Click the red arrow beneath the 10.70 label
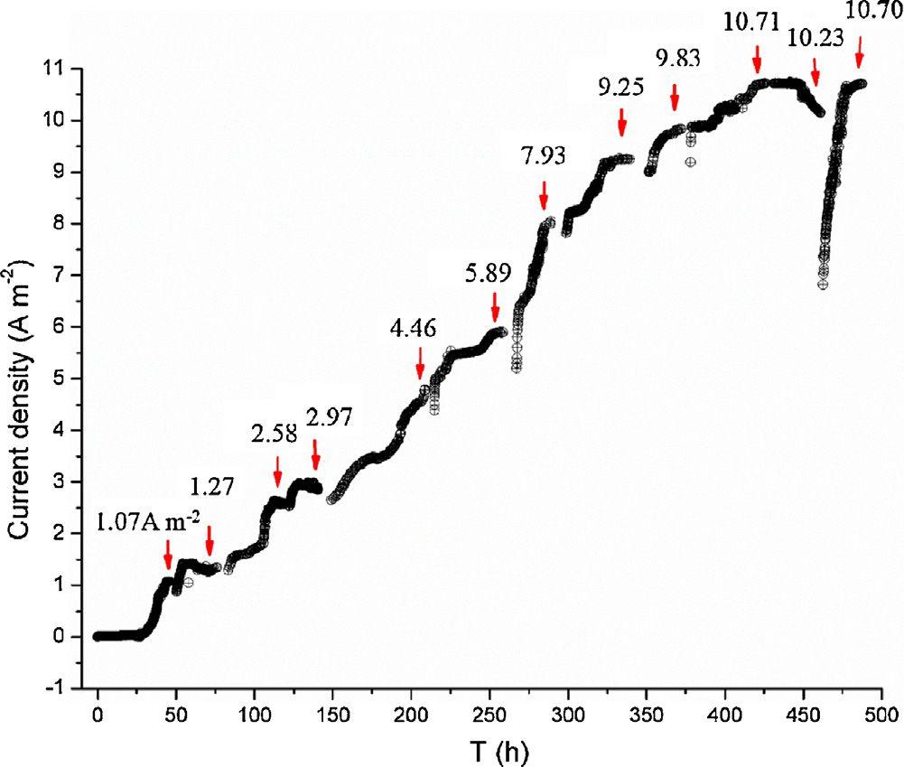point(859,51)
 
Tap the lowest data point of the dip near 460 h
point(823,285)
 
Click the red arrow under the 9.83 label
point(675,94)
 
